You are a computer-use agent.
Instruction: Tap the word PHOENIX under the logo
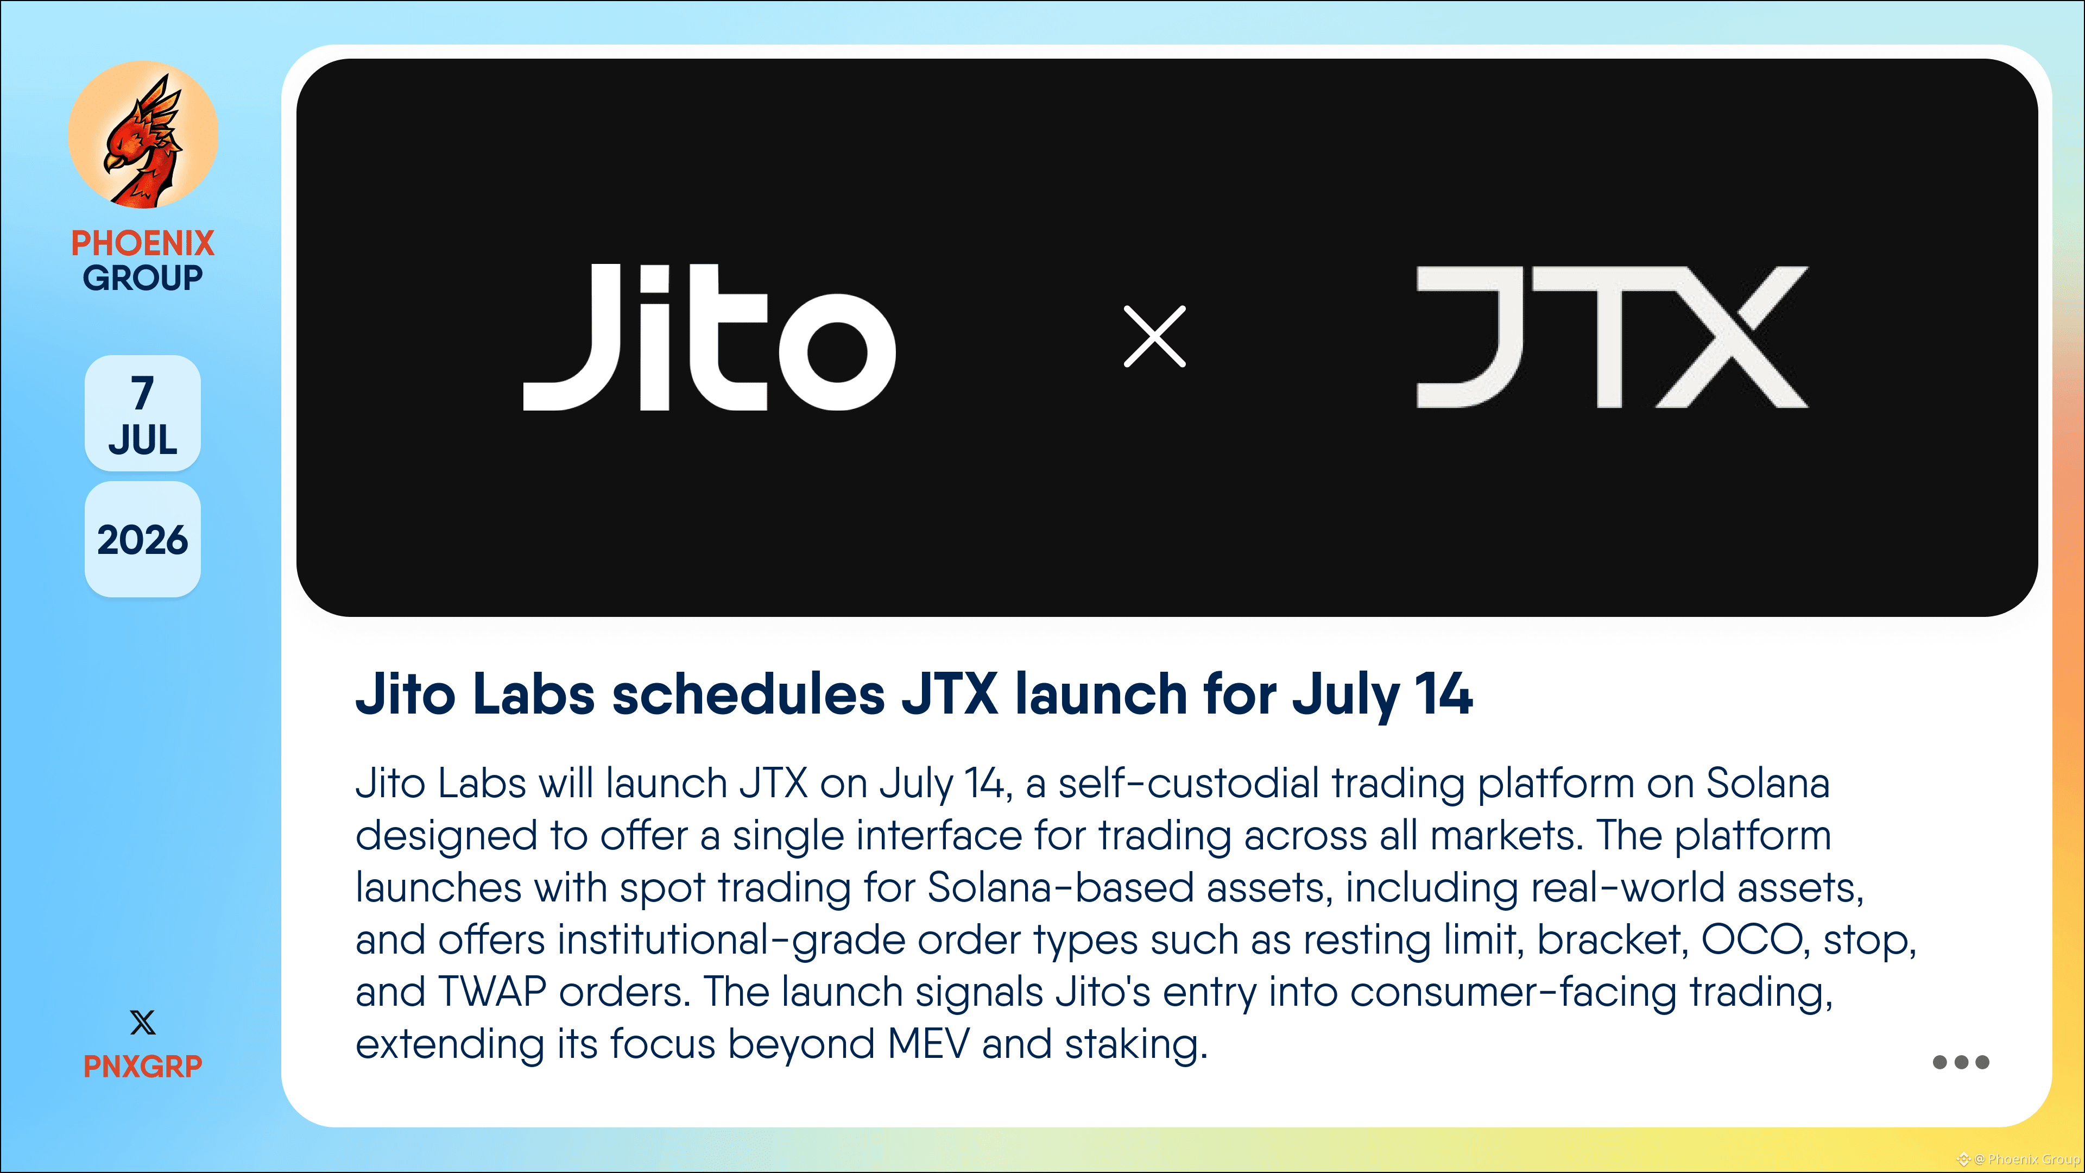(x=142, y=243)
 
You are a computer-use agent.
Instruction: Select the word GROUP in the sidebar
(x=142, y=278)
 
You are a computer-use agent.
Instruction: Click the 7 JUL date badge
(x=142, y=414)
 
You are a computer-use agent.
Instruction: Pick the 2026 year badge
(x=142, y=540)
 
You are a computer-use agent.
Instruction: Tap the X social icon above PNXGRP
(x=142, y=1023)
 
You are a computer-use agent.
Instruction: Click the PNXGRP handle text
(x=142, y=1066)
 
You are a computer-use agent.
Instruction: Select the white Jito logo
(x=709, y=337)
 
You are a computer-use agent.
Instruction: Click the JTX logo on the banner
(x=1612, y=337)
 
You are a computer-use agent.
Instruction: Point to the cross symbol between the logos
(x=1154, y=337)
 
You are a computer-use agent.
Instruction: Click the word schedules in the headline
(x=748, y=695)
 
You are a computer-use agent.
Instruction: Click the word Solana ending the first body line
(x=1768, y=783)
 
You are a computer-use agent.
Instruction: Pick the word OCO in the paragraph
(x=1752, y=940)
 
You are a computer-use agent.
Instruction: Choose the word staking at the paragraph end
(x=1135, y=1045)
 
